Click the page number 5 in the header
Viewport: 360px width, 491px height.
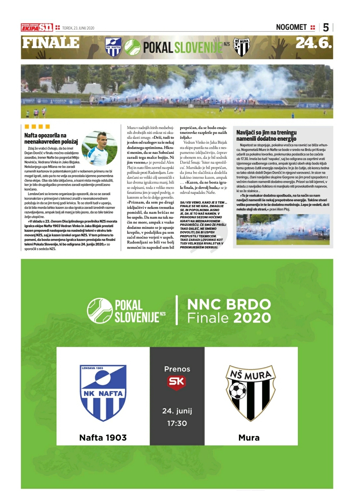tap(326, 27)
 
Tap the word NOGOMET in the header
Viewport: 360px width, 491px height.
tap(291, 27)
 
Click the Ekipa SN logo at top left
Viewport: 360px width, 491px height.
tap(37, 28)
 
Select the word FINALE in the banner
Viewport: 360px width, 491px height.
tap(51, 43)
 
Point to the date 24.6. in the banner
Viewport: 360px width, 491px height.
tap(314, 43)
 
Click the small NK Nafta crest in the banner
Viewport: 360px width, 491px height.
tap(113, 47)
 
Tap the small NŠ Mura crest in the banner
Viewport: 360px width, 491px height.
tap(242, 47)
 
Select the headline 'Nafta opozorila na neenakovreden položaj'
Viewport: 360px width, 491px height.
tap(51, 138)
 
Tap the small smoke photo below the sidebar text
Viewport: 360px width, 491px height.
tap(283, 229)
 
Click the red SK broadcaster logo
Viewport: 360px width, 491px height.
tap(177, 382)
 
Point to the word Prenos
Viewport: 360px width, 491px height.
tap(177, 369)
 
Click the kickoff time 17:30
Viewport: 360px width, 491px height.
tap(177, 423)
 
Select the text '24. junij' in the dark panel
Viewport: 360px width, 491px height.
tap(177, 411)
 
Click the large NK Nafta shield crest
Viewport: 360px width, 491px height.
tap(103, 393)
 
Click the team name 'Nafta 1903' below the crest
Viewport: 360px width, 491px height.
tap(103, 438)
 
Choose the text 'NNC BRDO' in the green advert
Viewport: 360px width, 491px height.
tap(229, 304)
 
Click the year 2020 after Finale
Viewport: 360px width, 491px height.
tap(252, 318)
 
